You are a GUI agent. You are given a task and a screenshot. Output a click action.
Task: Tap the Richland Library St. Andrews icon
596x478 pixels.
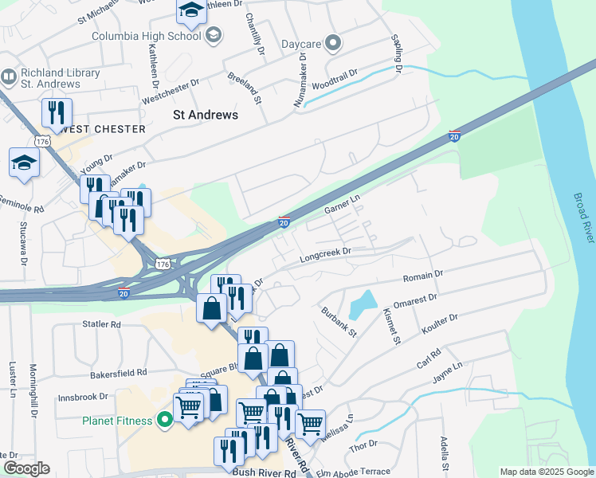point(9,77)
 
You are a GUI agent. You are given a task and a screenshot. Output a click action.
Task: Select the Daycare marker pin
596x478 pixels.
point(334,43)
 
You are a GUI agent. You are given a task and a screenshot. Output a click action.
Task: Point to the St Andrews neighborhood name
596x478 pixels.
point(206,115)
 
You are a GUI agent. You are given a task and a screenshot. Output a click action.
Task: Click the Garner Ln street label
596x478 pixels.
point(343,205)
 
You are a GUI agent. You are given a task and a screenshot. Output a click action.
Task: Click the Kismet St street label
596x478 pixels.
point(390,326)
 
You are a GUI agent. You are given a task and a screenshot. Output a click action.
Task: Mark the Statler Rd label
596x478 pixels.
point(101,325)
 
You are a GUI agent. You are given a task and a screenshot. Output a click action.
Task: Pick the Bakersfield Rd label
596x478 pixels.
point(119,372)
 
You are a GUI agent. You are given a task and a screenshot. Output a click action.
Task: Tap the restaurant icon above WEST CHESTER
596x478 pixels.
point(57,112)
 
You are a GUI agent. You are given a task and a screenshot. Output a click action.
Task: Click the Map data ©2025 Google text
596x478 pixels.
point(546,472)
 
